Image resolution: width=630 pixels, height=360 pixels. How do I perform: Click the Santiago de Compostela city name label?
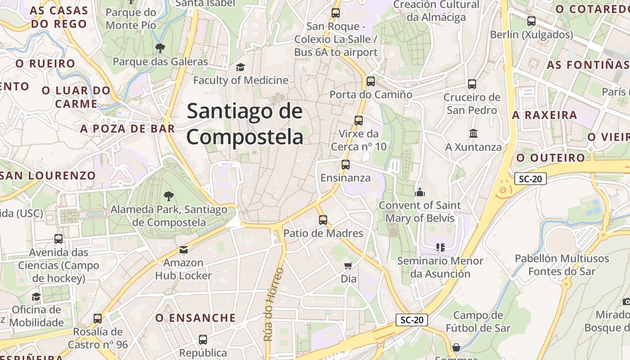(245, 124)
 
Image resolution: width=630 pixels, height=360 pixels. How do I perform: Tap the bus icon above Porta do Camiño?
(370, 81)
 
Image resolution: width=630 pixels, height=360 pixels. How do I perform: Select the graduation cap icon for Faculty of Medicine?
(240, 67)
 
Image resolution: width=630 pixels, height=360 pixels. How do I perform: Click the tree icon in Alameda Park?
(169, 196)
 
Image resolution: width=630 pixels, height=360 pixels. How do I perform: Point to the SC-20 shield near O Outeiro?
(530, 179)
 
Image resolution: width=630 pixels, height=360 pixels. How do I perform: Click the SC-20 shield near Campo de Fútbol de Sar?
(412, 320)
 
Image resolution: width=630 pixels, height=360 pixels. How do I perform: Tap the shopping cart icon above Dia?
(348, 265)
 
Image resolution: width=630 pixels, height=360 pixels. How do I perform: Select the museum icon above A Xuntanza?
(473, 134)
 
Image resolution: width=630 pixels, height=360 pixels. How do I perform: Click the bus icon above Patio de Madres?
(323, 220)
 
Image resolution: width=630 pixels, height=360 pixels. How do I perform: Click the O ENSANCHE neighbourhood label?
(195, 318)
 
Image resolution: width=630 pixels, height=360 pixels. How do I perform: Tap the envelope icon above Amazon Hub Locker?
(183, 249)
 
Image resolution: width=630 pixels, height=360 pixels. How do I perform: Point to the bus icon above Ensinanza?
(345, 165)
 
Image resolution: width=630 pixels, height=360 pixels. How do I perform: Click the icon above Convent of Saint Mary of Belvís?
(420, 192)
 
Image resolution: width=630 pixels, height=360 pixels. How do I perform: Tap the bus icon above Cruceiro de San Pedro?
(472, 84)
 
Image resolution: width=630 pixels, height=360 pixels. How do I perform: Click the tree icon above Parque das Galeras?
(160, 48)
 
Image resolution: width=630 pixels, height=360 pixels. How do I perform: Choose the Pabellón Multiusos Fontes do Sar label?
(562, 265)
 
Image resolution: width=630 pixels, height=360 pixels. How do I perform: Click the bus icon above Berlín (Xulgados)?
(531, 21)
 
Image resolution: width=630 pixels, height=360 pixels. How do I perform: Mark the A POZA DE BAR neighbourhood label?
(127, 129)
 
